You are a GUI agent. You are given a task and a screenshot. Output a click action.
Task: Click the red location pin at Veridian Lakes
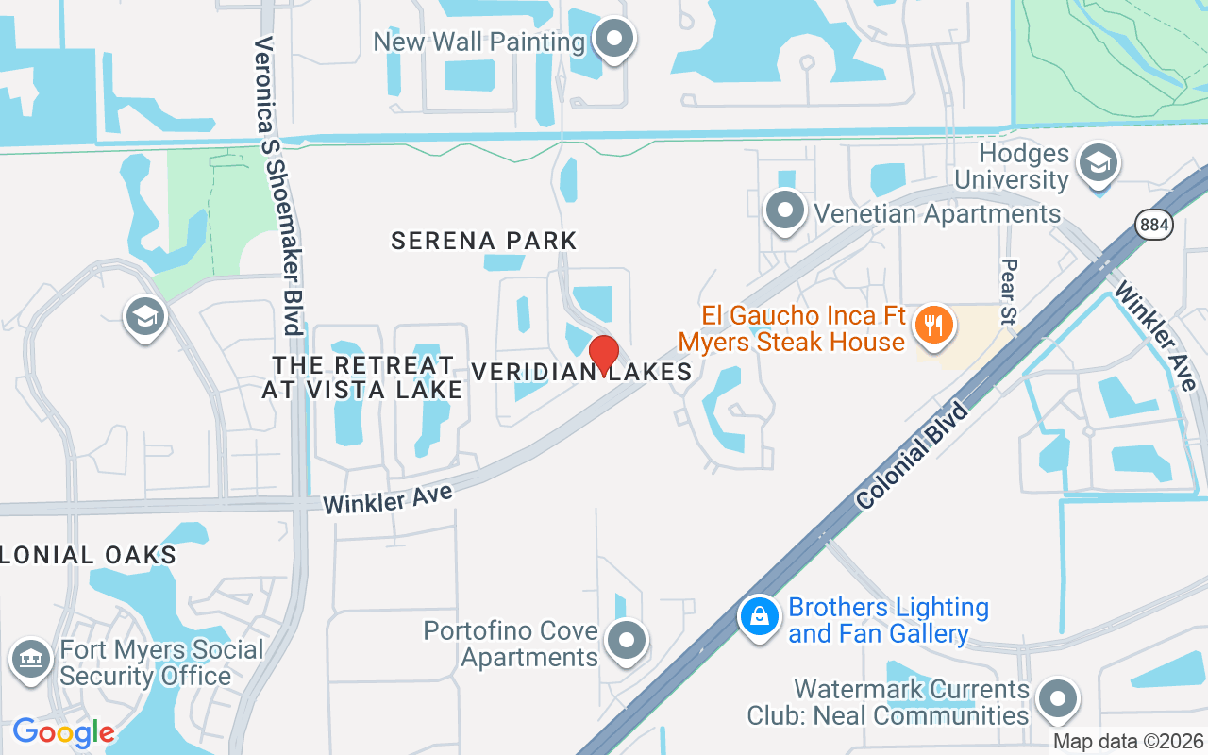tap(604, 355)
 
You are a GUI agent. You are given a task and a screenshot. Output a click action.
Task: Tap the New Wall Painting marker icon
tap(615, 40)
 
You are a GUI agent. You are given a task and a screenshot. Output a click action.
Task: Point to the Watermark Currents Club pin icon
tap(1057, 700)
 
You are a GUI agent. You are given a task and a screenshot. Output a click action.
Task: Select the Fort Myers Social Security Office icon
tap(31, 658)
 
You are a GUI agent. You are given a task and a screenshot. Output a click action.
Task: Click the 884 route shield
tap(1154, 224)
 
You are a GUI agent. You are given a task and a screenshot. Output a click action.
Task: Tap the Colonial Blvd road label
tap(913, 456)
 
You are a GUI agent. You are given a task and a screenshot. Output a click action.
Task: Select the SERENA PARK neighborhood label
tap(483, 241)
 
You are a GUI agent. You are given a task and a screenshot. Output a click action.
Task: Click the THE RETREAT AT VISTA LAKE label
tap(362, 377)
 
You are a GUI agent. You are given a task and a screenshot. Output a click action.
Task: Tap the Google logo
tap(63, 732)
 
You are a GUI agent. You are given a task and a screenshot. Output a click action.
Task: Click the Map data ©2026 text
tap(1129, 742)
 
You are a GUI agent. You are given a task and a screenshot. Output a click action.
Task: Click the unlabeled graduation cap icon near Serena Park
tap(144, 318)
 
